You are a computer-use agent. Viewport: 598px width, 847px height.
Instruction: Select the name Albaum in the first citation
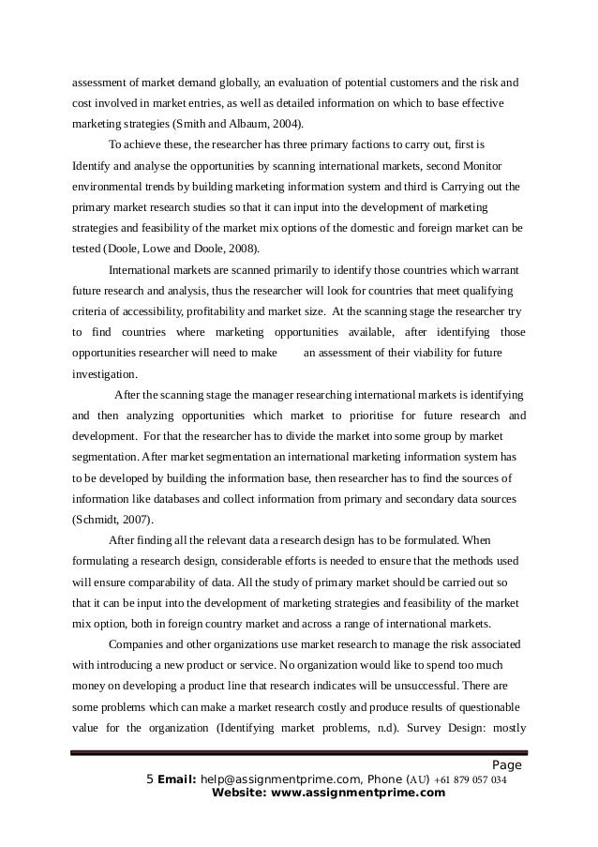click(261, 123)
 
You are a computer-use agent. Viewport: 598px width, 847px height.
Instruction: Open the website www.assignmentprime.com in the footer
click(352, 793)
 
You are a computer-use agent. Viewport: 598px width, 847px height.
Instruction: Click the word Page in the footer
click(506, 764)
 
